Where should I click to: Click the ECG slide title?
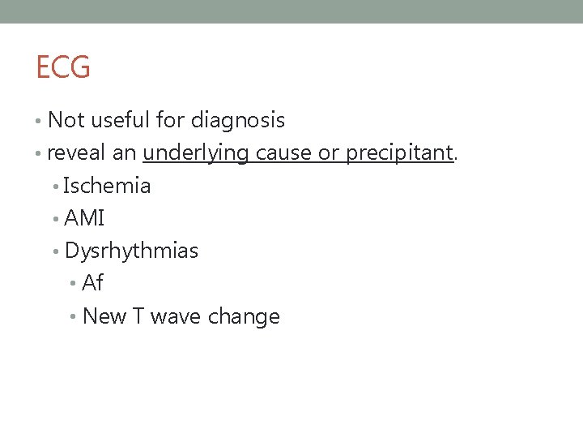[x=63, y=67]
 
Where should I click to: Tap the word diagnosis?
[x=238, y=121]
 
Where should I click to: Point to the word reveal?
[x=70, y=153]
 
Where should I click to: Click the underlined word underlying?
[x=196, y=153]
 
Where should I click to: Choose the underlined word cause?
[x=284, y=153]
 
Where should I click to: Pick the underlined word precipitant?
[x=398, y=153]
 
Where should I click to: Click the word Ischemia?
[x=107, y=186]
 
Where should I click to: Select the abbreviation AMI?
[x=84, y=218]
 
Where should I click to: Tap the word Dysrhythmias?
[x=131, y=251]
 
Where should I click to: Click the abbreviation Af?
[x=92, y=283]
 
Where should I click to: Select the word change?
[x=244, y=316]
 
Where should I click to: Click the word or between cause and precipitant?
[x=328, y=153]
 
